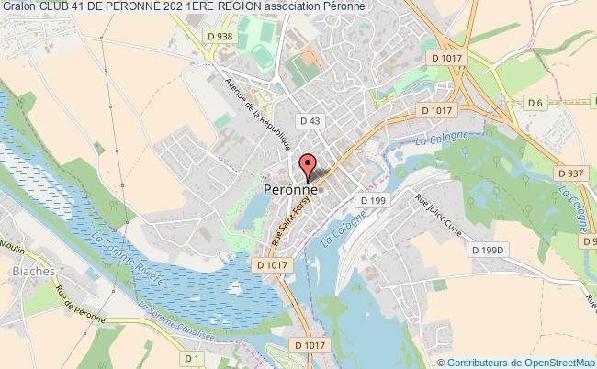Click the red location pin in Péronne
click(306, 165)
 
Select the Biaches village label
click(30, 272)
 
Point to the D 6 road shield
click(535, 103)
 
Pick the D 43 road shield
click(309, 120)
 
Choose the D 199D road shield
click(488, 250)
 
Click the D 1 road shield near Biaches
click(192, 358)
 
